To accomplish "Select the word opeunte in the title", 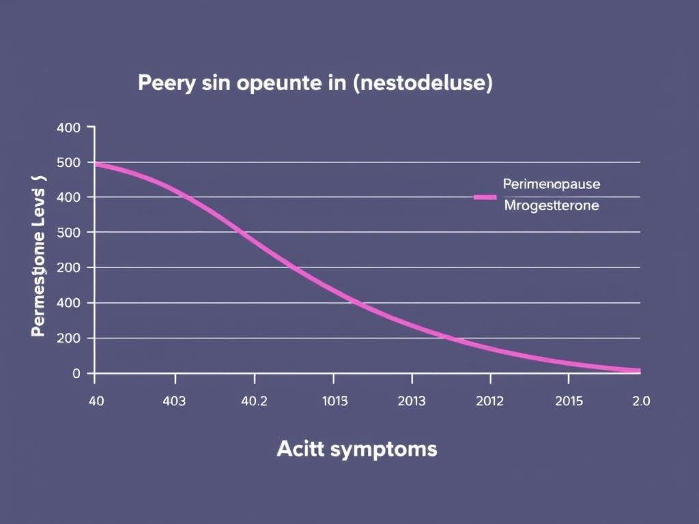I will [276, 84].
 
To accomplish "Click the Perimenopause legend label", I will [552, 184].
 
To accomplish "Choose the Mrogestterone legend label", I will [551, 205].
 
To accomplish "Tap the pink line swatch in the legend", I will [485, 197].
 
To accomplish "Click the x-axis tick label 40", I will [96, 401].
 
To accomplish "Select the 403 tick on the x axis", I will [174, 401].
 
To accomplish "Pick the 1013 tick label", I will [334, 401].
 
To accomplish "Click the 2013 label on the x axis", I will [412, 401].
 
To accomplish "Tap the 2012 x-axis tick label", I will [489, 401].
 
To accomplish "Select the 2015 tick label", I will [569, 401].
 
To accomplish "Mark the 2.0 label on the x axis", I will [641, 401].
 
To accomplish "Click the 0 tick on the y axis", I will [76, 373].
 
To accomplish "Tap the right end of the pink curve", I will [638, 370].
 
